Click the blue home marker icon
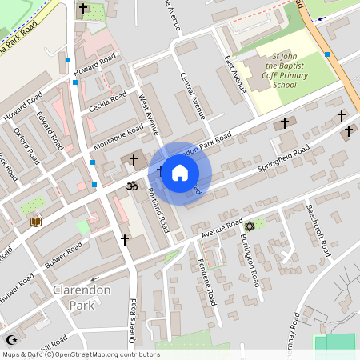pos(180,173)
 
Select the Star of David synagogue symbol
pos(248,226)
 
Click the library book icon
pos(35,221)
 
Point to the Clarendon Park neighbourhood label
pos(81,296)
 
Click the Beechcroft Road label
pos(318,230)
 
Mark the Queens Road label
pos(134,318)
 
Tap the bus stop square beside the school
pos(327,54)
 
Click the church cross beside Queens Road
pos(124,239)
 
